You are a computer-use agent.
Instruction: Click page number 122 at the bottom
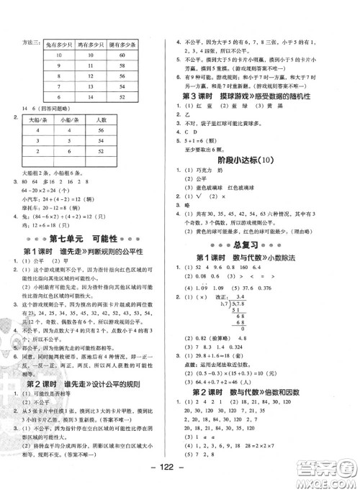pyautogui.click(x=180, y=482)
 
